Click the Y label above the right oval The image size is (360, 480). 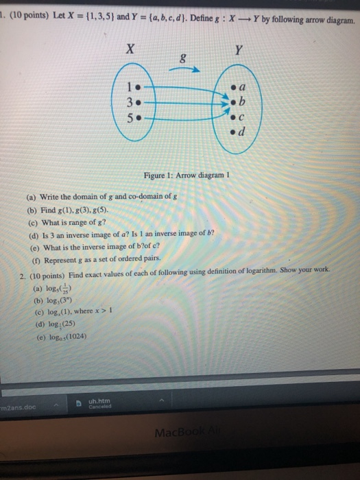237,49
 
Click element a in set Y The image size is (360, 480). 240,88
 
